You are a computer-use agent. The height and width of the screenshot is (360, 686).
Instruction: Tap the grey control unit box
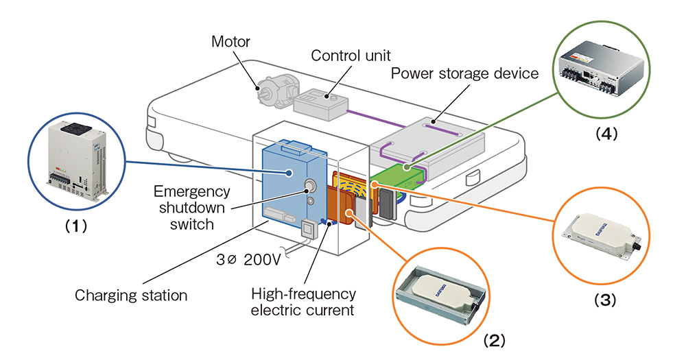point(321,102)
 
